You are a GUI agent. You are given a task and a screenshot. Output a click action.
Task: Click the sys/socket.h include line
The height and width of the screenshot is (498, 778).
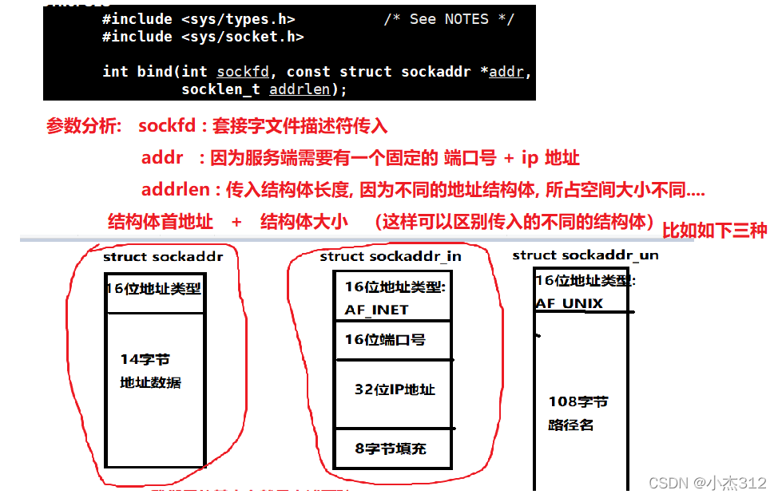203,37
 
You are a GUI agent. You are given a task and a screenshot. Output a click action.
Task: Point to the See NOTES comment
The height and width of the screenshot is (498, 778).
449,19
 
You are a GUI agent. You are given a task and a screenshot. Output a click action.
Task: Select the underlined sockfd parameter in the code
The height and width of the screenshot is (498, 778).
243,72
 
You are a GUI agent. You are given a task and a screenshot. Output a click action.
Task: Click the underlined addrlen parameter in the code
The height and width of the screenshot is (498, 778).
300,89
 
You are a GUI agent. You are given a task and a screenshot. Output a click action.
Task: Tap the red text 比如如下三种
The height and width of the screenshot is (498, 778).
715,230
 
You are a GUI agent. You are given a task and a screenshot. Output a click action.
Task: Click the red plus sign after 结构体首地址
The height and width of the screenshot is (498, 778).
236,223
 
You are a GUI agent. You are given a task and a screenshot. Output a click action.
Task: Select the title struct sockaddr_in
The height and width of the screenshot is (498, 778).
391,257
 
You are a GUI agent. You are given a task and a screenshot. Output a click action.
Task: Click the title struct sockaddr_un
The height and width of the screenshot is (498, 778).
585,255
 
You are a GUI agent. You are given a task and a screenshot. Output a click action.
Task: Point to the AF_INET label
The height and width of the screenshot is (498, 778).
376,309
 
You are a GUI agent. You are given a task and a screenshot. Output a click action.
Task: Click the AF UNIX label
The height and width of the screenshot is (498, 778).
569,303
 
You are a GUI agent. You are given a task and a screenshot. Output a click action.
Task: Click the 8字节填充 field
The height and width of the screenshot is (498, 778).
391,449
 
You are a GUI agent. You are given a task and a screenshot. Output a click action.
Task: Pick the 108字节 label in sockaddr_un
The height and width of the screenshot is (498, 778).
578,401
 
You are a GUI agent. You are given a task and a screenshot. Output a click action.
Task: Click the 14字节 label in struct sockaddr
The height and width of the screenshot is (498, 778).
145,360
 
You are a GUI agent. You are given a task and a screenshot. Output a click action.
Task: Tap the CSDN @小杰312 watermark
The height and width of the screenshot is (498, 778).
708,483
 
